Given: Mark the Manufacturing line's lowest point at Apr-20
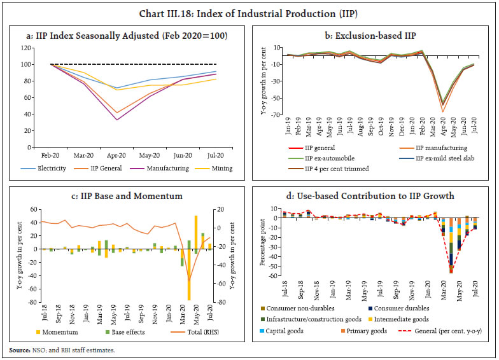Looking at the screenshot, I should coord(116,120).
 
